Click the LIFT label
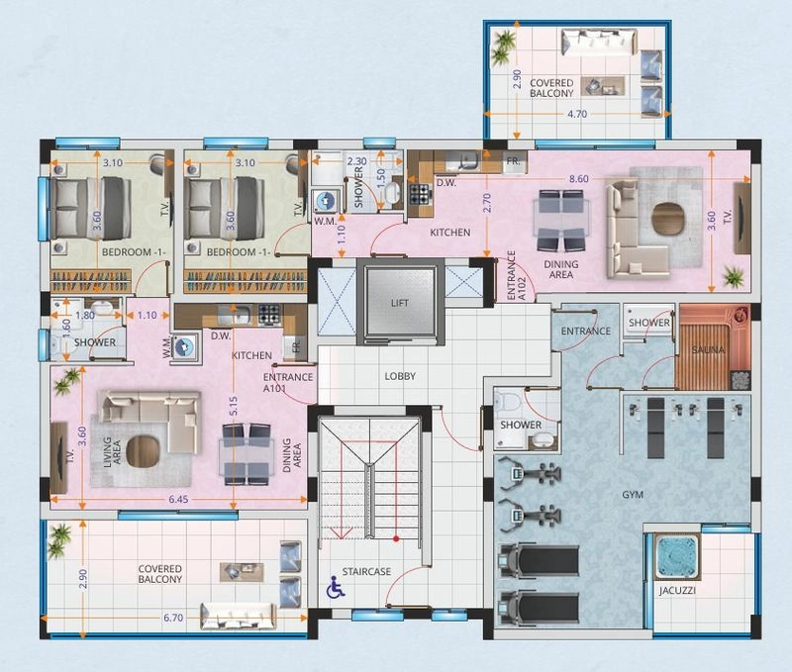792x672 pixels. coord(400,303)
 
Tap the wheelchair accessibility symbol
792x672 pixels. coord(335,587)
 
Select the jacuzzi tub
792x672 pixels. coord(677,556)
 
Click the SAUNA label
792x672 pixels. coord(708,349)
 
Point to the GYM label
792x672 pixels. coord(633,495)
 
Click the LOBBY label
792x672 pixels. coord(400,376)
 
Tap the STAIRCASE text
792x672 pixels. coord(366,571)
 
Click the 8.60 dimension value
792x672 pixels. coord(579,179)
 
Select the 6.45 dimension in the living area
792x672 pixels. coord(178,500)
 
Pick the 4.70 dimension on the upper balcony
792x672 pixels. coord(577,114)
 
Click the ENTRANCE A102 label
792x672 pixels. coord(516,276)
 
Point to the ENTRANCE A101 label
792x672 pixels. coord(288,382)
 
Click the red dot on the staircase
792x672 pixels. coord(396,538)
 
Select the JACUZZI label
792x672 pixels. coord(677,590)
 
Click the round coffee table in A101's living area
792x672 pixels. coord(143,450)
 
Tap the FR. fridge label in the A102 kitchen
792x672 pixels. coord(513,161)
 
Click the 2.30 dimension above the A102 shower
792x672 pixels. coord(356,161)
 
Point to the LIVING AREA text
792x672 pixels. coord(112,452)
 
